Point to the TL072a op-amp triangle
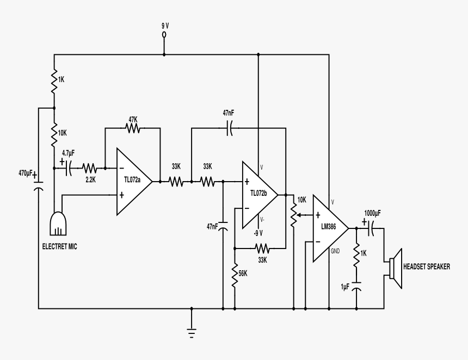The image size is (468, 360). [x=133, y=181]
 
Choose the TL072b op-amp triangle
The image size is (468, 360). [x=259, y=194]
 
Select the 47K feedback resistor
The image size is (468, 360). [x=133, y=128]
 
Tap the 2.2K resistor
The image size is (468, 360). [x=89, y=168]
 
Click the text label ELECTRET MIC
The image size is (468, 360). [x=60, y=246]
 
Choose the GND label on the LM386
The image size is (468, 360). [x=335, y=251]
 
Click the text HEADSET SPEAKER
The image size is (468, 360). [x=426, y=266]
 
